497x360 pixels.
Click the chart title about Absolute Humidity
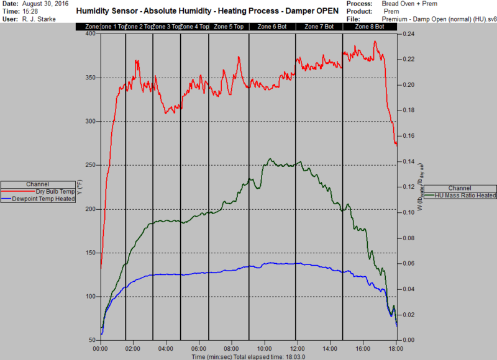pyautogui.click(x=207, y=11)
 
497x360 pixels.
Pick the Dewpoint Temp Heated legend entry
pyautogui.click(x=44, y=199)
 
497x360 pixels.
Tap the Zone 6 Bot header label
pyautogui.click(x=272, y=27)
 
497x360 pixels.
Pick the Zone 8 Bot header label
pyautogui.click(x=369, y=27)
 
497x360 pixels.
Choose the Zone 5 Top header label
pyautogui.click(x=229, y=27)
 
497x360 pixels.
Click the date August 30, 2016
pyautogui.click(x=45, y=4)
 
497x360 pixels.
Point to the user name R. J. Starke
pyautogui.click(x=38, y=19)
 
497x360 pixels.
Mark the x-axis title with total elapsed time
pyautogui.click(x=248, y=356)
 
